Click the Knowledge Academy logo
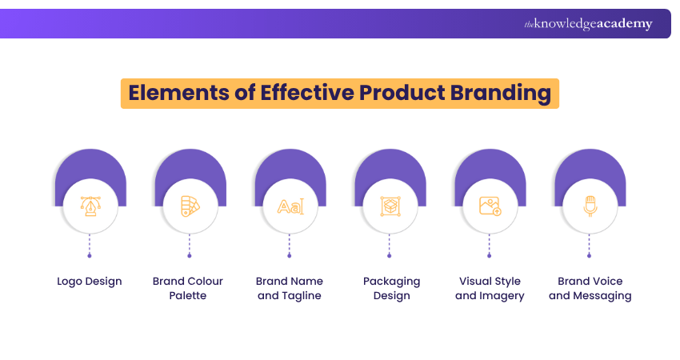[588, 24]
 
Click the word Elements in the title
[178, 93]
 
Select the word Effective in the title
[307, 93]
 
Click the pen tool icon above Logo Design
[90, 206]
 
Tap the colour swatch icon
[190, 206]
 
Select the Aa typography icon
[290, 206]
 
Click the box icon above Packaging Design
[390, 206]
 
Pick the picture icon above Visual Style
[490, 206]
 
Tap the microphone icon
[590, 206]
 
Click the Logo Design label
[90, 282]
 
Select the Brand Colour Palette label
[188, 288]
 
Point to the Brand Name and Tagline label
[290, 288]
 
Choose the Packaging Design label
[392, 289]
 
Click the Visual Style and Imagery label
[490, 289]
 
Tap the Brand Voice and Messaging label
[590, 289]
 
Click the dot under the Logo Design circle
[90, 256]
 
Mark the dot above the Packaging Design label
[389, 256]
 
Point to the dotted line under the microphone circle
[589, 244]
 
